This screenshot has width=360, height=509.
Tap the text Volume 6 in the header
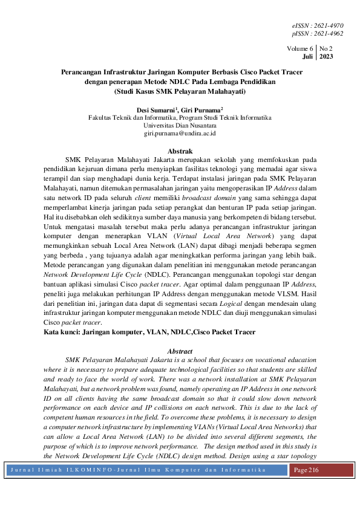pyautogui.click(x=300, y=47)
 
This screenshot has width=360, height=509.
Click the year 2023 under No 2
pyautogui.click(x=326, y=56)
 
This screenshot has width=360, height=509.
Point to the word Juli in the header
pyautogui.click(x=307, y=56)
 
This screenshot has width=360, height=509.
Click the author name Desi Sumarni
pyautogui.click(x=155, y=109)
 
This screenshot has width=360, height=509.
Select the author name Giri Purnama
pyautogui.click(x=200, y=109)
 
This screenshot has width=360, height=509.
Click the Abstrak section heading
pyautogui.click(x=180, y=151)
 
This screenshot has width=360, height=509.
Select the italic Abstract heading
pyautogui.click(x=180, y=351)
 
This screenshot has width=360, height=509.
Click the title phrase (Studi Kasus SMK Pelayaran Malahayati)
pyautogui.click(x=180, y=92)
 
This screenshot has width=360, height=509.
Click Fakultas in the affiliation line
pyautogui.click(x=101, y=117)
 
